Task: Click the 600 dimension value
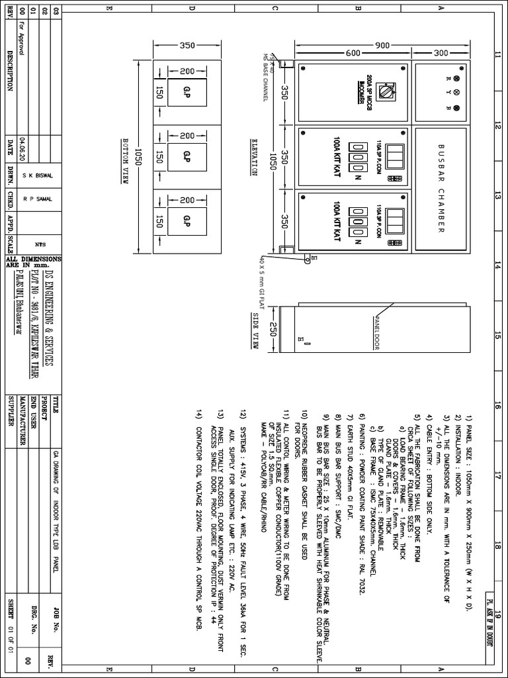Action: pos(352,53)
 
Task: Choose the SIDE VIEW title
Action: pos(255,329)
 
